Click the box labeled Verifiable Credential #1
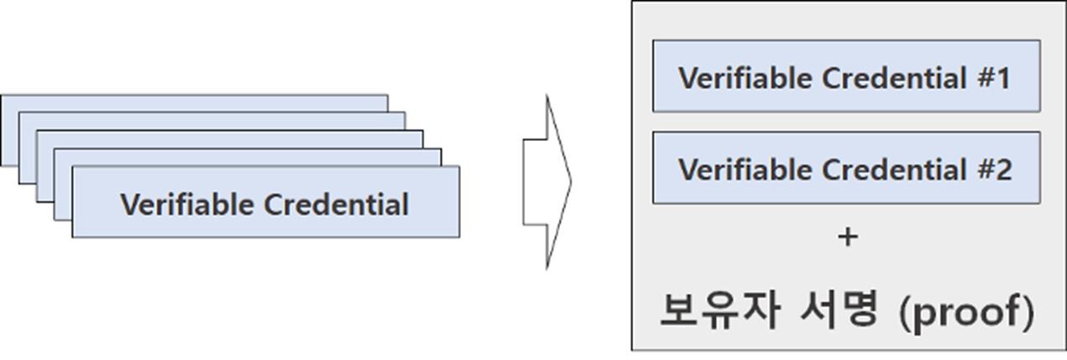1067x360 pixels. click(846, 76)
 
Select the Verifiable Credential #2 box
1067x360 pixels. click(846, 168)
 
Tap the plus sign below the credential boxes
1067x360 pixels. click(847, 237)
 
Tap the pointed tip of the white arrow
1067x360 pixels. click(569, 181)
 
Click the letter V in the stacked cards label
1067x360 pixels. click(128, 204)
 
